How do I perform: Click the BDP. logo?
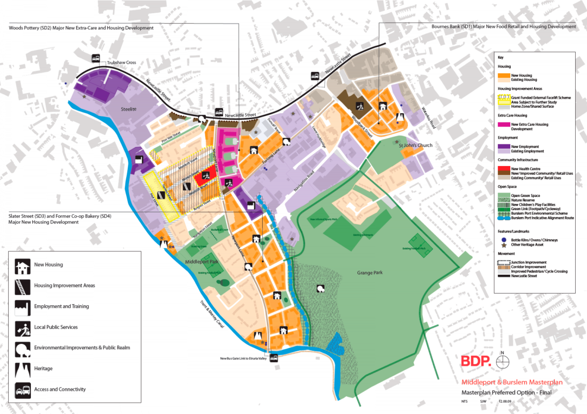(x=475, y=362)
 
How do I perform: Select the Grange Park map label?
(x=372, y=272)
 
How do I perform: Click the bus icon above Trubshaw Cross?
(x=96, y=58)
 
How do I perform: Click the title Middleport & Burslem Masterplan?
(x=512, y=383)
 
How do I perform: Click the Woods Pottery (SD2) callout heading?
(x=81, y=28)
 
